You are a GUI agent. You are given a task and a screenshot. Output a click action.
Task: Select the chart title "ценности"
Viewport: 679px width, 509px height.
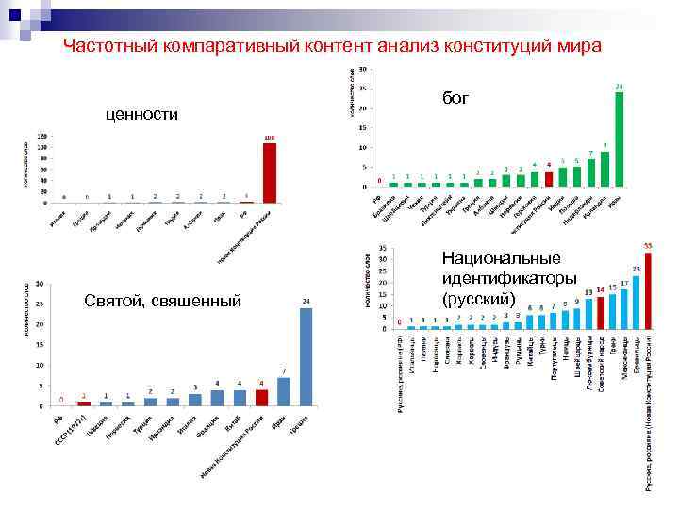tap(142, 114)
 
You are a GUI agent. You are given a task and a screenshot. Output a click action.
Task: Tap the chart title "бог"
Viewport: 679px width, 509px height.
tap(455, 98)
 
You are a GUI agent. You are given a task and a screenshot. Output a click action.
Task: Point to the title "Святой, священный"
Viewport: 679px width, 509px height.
tap(162, 300)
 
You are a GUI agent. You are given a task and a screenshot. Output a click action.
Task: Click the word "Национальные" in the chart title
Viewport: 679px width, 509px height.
tap(501, 259)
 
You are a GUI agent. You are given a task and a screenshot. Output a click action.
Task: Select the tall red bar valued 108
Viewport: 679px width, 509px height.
tap(269, 172)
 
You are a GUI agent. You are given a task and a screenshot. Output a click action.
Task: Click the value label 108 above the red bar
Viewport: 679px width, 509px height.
tap(269, 137)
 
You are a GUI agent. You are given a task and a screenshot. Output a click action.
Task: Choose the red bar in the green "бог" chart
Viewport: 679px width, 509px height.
tap(549, 178)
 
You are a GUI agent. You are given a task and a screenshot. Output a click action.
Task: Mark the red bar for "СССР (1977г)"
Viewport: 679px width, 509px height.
tap(83, 403)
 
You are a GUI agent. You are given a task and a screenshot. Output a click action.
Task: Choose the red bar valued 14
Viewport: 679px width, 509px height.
tap(600, 312)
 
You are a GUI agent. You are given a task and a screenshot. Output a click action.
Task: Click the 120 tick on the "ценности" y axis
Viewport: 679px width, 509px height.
tap(41, 137)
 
